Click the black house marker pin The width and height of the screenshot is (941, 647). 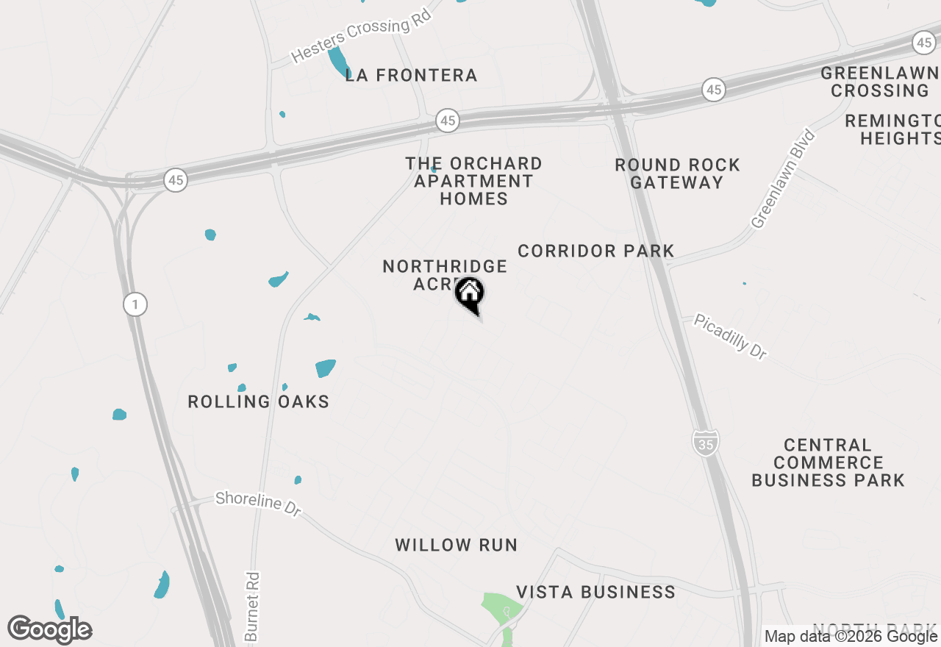[x=469, y=294]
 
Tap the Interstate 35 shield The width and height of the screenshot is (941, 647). [x=705, y=443]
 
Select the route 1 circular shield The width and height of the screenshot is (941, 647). [x=135, y=304]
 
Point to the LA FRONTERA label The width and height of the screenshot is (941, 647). [x=411, y=75]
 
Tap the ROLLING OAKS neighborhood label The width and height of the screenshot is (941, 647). [x=258, y=401]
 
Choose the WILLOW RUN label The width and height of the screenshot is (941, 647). [x=456, y=545]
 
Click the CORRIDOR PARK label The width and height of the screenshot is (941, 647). [x=595, y=251]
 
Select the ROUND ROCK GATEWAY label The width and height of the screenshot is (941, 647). [x=677, y=174]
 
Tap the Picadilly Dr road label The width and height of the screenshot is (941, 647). [x=730, y=337]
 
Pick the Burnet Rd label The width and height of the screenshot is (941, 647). [x=251, y=607]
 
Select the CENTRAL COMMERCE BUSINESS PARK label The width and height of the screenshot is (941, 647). [x=828, y=462]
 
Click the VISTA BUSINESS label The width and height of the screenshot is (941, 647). [x=595, y=592]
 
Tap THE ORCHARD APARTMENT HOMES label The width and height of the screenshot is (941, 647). [x=473, y=181]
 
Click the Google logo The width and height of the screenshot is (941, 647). [x=50, y=629]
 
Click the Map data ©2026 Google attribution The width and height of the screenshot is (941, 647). [x=851, y=637]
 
